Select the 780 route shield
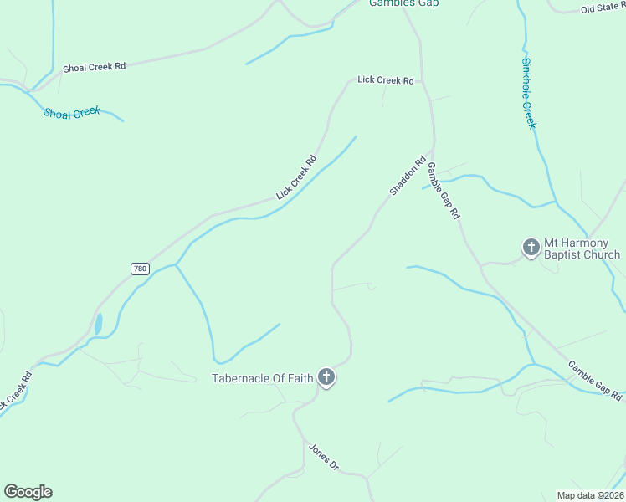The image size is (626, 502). pyautogui.click(x=140, y=269)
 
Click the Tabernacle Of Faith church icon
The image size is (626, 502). pyautogui.click(x=326, y=378)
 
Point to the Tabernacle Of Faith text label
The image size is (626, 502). pyautogui.click(x=262, y=378)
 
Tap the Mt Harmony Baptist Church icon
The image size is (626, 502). pyautogui.click(x=531, y=248)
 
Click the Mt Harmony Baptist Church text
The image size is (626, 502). pyautogui.click(x=582, y=248)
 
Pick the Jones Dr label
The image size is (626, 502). pyautogui.click(x=323, y=457)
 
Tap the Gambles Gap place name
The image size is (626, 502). pyautogui.click(x=404, y=3)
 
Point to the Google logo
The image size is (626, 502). pyautogui.click(x=28, y=492)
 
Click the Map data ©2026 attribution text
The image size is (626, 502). pyautogui.click(x=590, y=495)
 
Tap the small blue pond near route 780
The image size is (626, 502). pyautogui.click(x=99, y=323)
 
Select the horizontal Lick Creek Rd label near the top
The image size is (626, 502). pyautogui.click(x=386, y=80)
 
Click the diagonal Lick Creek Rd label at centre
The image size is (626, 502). pyautogui.click(x=296, y=178)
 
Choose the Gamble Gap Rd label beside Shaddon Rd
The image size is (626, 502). pyautogui.click(x=444, y=191)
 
